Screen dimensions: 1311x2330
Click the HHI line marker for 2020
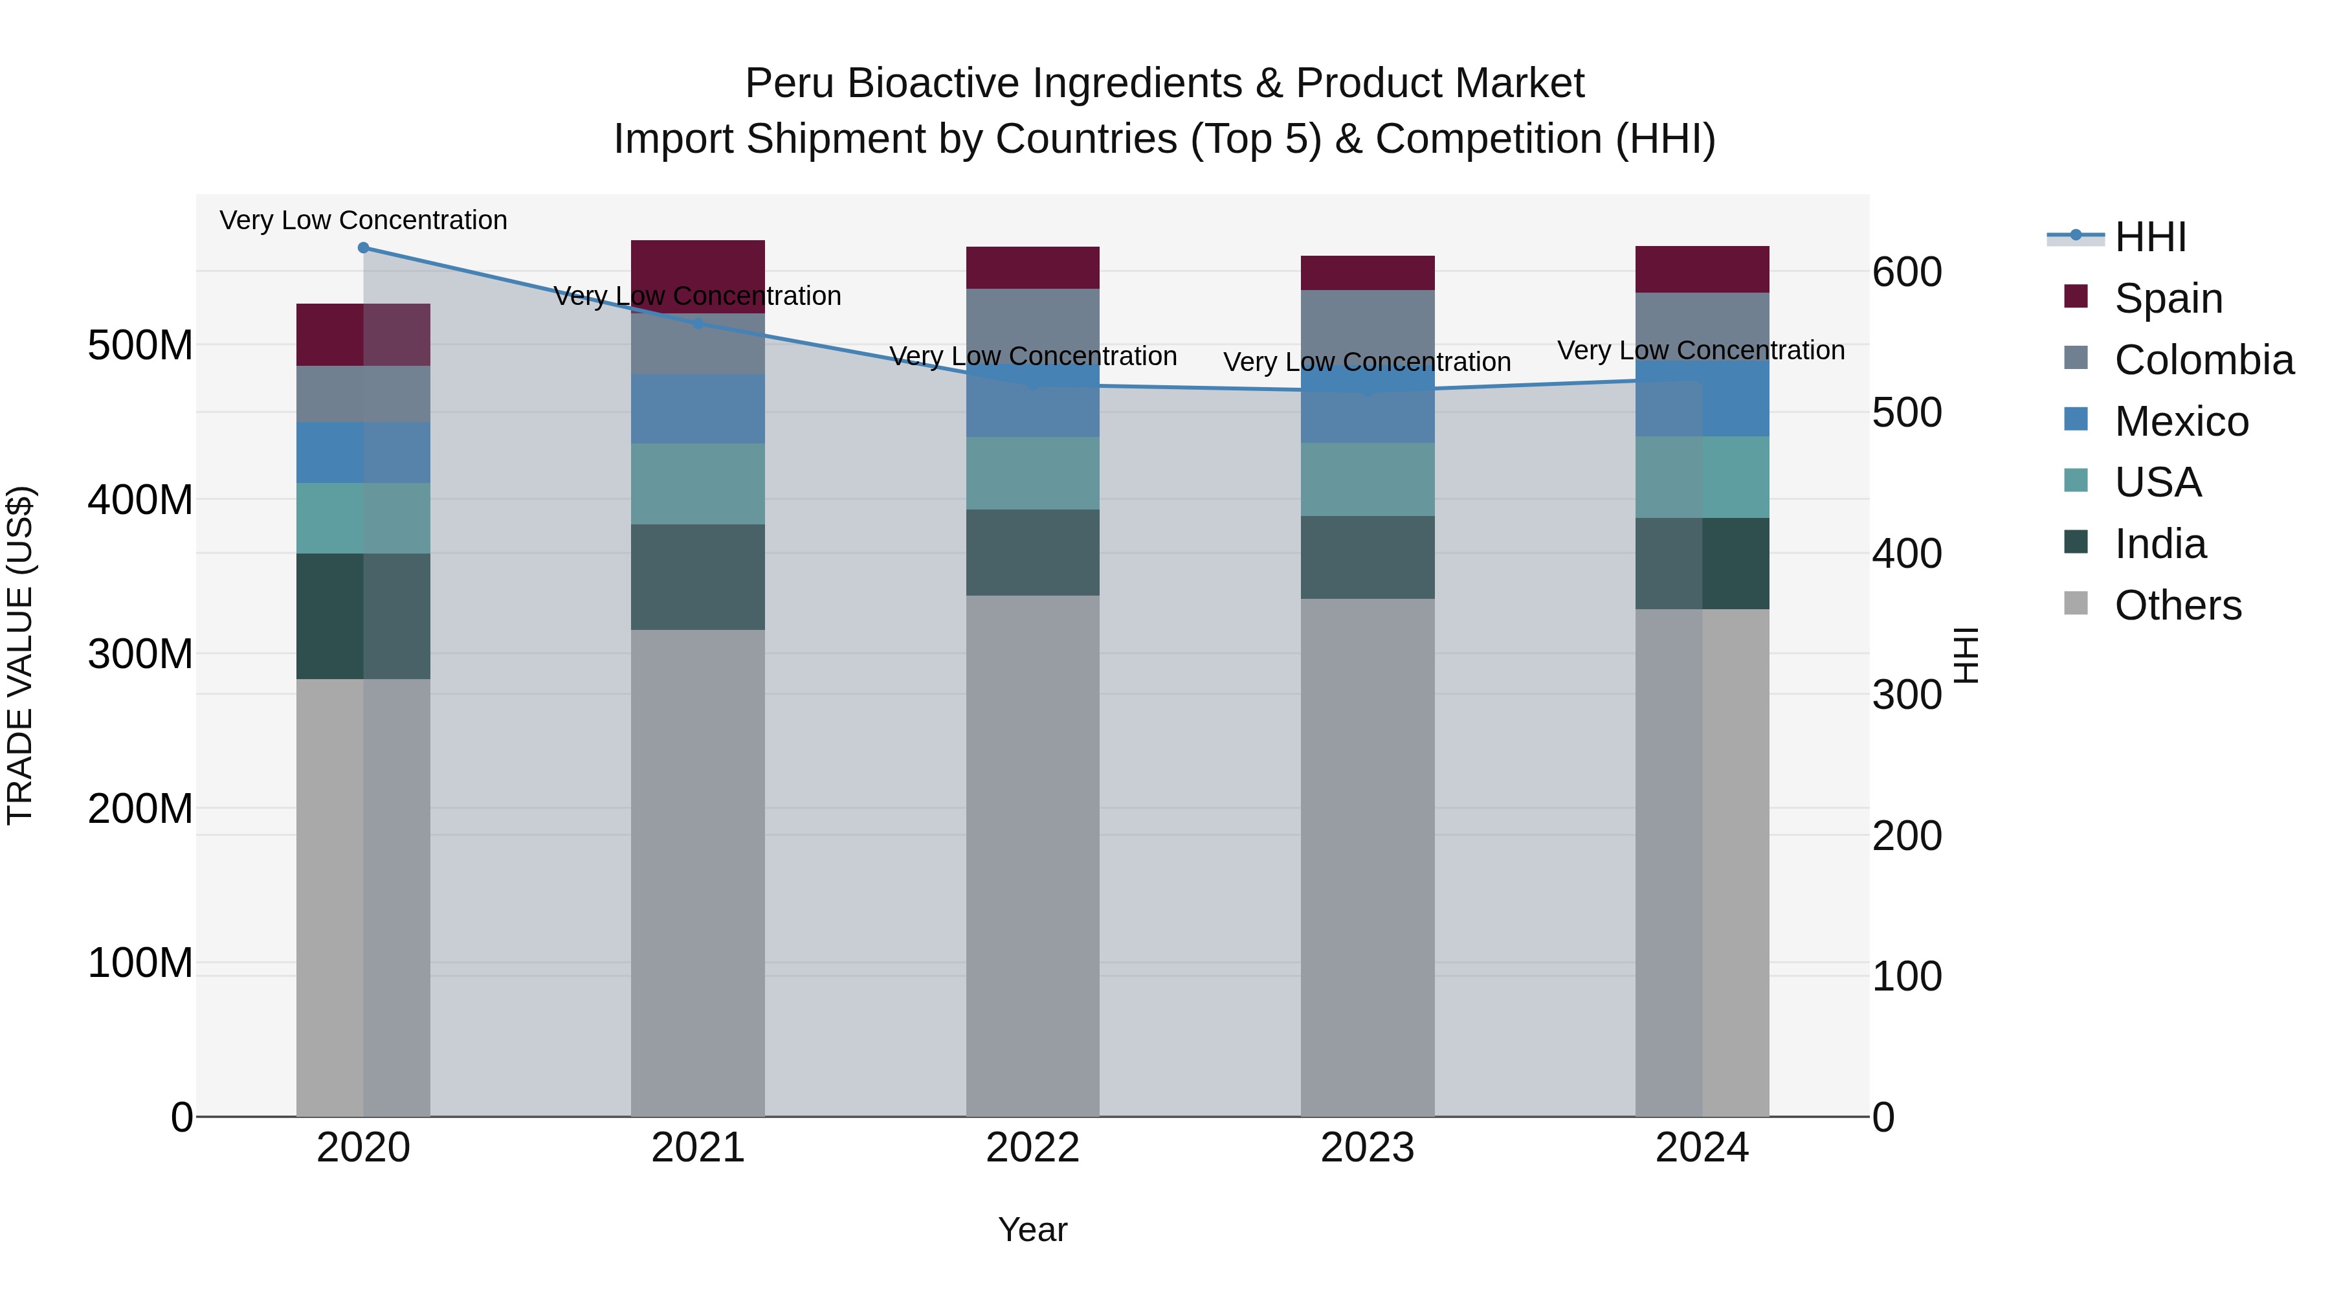(x=364, y=248)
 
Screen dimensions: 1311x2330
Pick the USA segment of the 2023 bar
(x=1367, y=480)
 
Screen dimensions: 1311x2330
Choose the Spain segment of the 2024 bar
(x=1702, y=269)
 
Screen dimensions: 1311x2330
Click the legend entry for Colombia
(x=2203, y=360)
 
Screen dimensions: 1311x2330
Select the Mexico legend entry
(x=2180, y=421)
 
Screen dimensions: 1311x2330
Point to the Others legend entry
(x=2177, y=605)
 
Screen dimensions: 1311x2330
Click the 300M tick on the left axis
(x=140, y=654)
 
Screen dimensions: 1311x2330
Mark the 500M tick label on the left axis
(x=140, y=346)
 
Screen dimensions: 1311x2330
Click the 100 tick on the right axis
(x=1907, y=977)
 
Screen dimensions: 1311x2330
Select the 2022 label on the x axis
(x=1032, y=1148)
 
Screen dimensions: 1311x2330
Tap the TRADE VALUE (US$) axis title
(x=20, y=655)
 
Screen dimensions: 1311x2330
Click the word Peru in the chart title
(x=789, y=84)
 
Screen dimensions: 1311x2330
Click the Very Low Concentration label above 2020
(x=364, y=221)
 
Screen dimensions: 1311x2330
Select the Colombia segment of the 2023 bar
(x=1367, y=328)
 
